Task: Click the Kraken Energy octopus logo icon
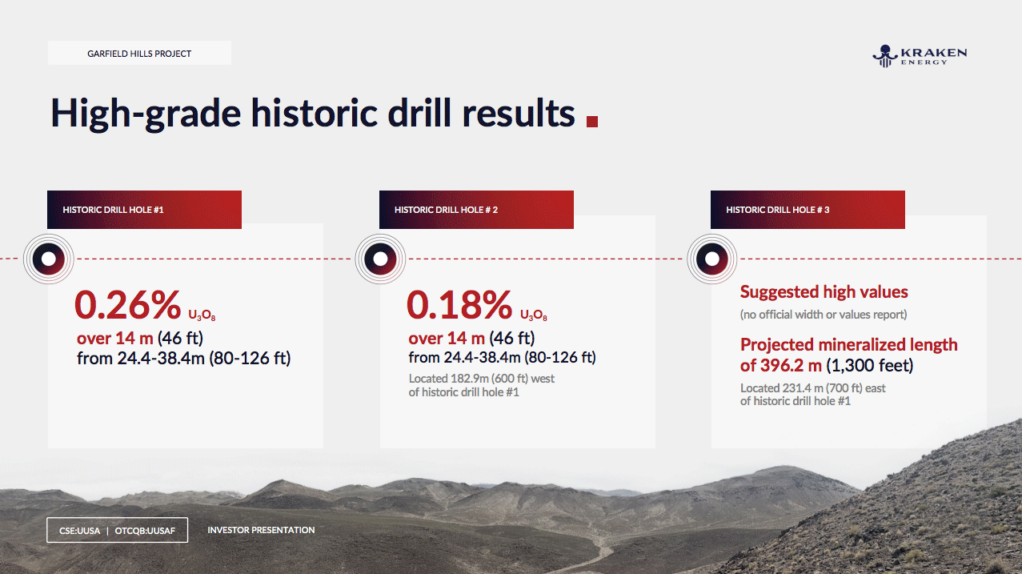coord(885,56)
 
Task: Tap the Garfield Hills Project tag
coord(139,53)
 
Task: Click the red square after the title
coord(591,122)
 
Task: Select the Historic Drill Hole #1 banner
coord(144,210)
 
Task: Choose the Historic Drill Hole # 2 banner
coord(476,210)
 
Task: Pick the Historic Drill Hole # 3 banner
coord(808,210)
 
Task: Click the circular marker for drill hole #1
coord(48,259)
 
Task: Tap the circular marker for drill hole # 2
coord(380,259)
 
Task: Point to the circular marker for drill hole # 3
coord(711,259)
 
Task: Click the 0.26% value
coord(128,305)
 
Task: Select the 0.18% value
coord(459,305)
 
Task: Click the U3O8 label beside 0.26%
coord(202,315)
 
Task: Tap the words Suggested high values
coord(824,292)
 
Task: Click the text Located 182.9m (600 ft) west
coord(481,378)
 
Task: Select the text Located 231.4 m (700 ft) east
coord(812,387)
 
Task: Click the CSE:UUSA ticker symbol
coord(79,531)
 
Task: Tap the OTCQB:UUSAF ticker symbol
coord(145,531)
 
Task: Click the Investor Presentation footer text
coord(261,530)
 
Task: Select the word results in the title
coord(519,113)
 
